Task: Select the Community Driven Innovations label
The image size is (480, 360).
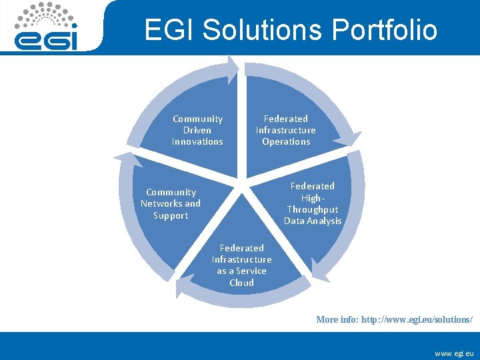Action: pos(197,130)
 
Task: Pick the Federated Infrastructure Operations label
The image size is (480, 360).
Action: pos(286,130)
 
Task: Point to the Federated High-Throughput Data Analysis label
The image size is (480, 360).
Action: pos(313,203)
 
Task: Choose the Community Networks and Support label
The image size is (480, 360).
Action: pos(171,203)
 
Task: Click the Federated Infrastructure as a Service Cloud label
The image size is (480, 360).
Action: pos(241,265)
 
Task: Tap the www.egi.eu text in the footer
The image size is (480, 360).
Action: pos(454,352)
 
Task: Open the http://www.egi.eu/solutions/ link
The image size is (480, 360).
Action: pos(417,320)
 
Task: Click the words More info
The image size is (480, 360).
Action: pos(337,320)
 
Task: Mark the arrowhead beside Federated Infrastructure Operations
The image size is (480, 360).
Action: pos(347,139)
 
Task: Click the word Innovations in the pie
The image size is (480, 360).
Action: pos(197,141)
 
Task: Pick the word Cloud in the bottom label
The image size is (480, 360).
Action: pos(241,283)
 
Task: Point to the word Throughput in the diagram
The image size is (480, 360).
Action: pos(313,209)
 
